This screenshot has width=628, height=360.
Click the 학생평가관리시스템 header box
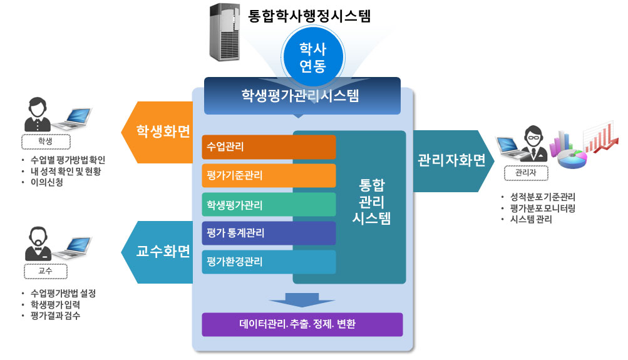pyautogui.click(x=302, y=96)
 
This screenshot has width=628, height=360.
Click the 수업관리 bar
pyautogui.click(x=269, y=147)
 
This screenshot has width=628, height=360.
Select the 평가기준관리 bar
pyautogui.click(x=269, y=176)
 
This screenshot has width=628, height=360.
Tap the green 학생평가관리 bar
pyautogui.click(x=269, y=205)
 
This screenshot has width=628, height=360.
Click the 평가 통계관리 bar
pyautogui.click(x=269, y=234)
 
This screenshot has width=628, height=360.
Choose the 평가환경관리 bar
pyautogui.click(x=269, y=262)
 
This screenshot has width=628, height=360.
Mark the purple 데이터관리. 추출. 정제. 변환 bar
pyautogui.click(x=302, y=324)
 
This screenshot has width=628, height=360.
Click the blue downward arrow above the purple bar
pyautogui.click(x=302, y=299)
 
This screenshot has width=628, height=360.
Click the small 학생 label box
pyautogui.click(x=46, y=140)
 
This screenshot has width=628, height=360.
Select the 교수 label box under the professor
pyautogui.click(x=46, y=270)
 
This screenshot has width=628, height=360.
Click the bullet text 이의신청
pyautogui.click(x=47, y=183)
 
